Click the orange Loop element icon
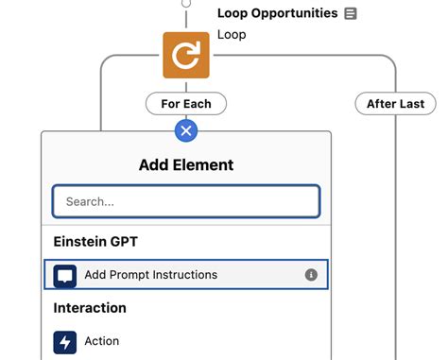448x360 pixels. click(x=186, y=56)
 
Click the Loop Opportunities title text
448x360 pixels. click(x=277, y=13)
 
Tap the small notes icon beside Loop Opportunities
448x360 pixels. click(x=351, y=13)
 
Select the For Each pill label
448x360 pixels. click(x=185, y=103)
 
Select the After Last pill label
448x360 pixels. click(x=395, y=103)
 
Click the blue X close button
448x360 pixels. click(x=186, y=130)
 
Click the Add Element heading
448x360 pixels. click(x=186, y=164)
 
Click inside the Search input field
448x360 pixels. click(x=186, y=201)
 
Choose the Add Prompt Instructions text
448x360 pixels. click(x=150, y=275)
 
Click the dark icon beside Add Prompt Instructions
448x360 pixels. click(x=65, y=275)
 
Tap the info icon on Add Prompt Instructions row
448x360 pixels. click(x=311, y=275)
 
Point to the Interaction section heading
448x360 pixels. click(x=90, y=308)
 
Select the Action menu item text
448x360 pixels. click(x=102, y=341)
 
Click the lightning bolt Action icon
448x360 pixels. click(x=65, y=341)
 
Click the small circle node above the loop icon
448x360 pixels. click(x=186, y=3)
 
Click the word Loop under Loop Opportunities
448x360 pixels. click(x=232, y=35)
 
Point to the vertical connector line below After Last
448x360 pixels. click(x=395, y=236)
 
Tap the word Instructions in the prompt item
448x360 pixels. click(x=184, y=275)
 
